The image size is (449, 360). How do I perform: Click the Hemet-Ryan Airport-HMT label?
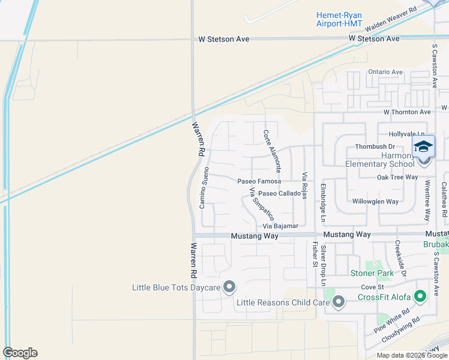339,19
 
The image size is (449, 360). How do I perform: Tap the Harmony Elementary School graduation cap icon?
423,147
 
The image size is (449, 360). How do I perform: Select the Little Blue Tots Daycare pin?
229,287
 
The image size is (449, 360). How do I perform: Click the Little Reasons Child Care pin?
339,302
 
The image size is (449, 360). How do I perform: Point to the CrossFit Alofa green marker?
436,293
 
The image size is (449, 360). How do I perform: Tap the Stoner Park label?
372,274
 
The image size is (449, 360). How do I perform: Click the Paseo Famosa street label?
259,181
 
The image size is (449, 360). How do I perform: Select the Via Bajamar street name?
280,226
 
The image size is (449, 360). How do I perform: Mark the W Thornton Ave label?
408,112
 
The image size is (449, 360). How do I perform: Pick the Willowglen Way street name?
375,202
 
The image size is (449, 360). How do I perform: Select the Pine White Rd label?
391,321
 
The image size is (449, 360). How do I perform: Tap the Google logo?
20,353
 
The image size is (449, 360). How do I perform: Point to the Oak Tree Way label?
397,177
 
